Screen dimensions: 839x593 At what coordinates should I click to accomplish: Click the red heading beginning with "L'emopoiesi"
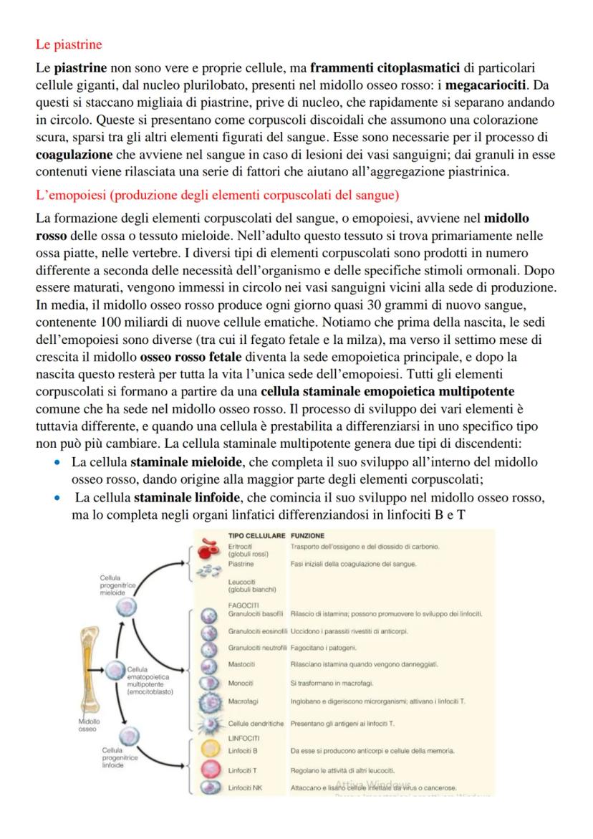pos(218,194)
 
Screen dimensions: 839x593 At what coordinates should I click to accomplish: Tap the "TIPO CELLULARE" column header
pos(256,535)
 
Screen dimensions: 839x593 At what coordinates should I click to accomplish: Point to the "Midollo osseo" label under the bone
pos(90,724)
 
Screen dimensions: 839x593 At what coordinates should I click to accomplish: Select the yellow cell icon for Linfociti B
pos(210,751)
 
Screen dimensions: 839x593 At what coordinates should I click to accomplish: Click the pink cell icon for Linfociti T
pos(210,770)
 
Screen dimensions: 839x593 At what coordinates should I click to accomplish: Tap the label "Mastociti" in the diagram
pos(241,664)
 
